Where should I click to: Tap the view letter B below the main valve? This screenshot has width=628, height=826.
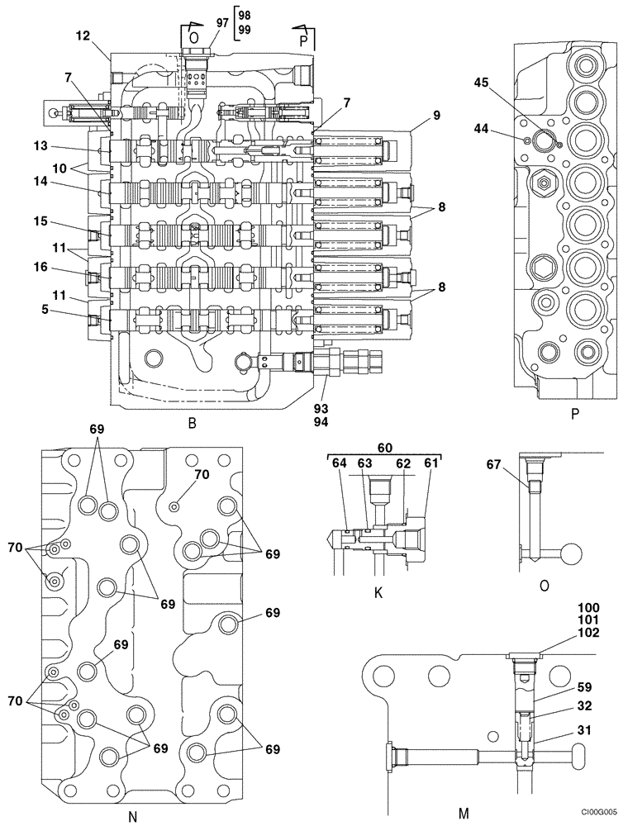point(192,424)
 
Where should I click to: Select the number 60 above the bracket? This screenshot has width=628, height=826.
point(383,446)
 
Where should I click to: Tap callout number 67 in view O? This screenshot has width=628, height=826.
point(494,465)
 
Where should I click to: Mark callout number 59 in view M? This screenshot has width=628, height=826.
point(560,686)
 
